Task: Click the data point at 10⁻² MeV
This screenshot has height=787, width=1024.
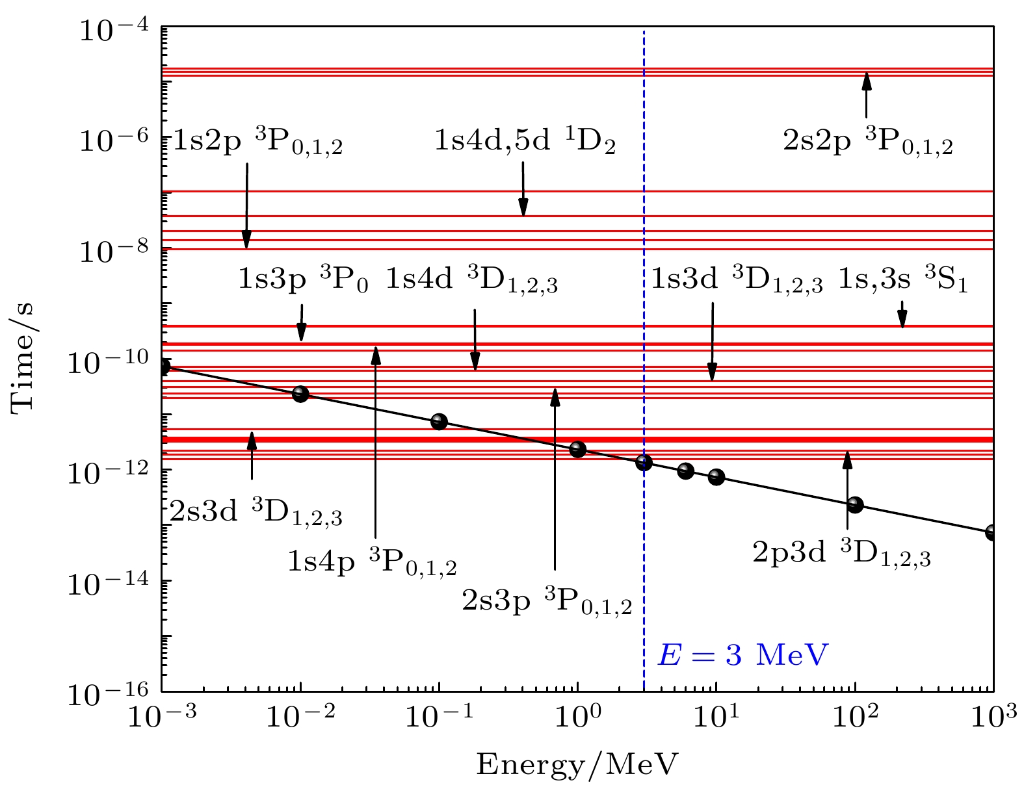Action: tap(300, 394)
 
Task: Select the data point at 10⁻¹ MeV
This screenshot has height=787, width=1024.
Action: tap(439, 422)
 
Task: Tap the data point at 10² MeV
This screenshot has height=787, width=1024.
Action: tap(855, 504)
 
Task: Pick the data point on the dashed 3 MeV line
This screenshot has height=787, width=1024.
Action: tap(644, 463)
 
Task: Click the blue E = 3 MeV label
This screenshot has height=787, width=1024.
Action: tap(743, 655)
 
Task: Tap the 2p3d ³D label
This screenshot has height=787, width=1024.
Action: tap(841, 554)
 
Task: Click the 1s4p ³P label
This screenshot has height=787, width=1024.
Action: tap(372, 563)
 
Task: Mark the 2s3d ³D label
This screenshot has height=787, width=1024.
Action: tap(256, 513)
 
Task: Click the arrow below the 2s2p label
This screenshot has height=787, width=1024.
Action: tap(865, 95)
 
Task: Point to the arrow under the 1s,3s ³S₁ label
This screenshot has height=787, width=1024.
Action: tap(902, 315)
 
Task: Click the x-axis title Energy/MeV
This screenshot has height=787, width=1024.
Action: tap(577, 765)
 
